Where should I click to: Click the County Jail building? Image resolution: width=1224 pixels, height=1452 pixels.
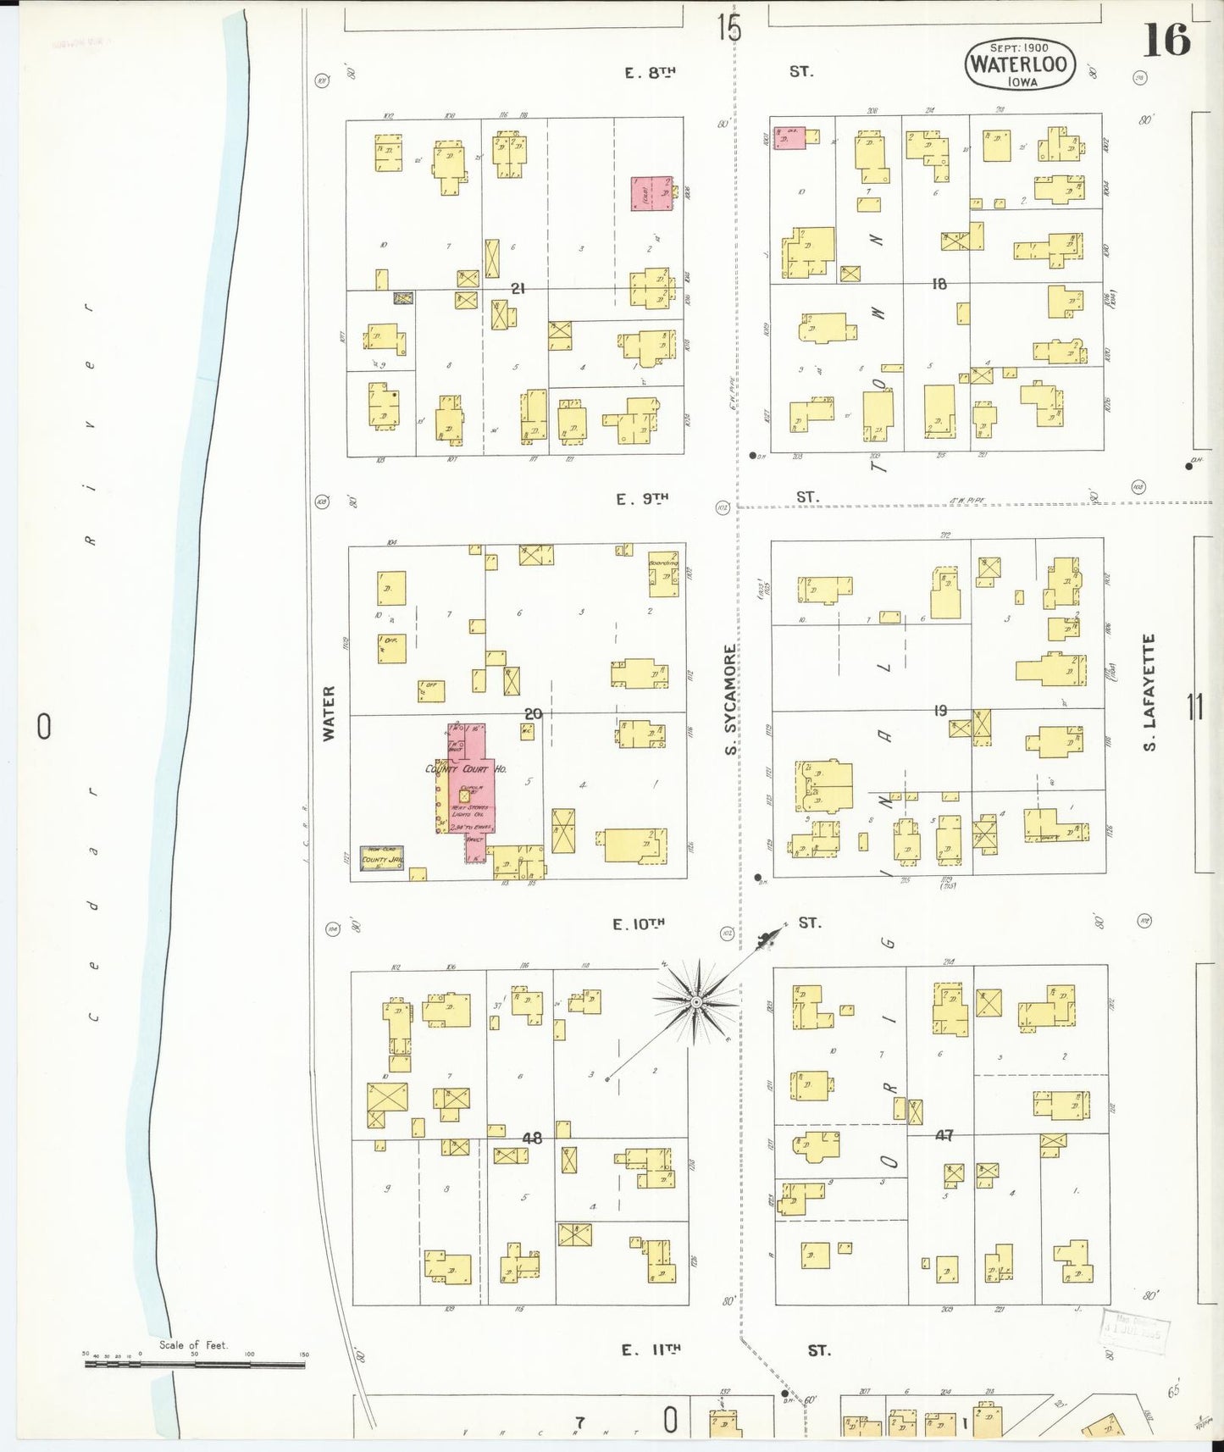click(x=381, y=858)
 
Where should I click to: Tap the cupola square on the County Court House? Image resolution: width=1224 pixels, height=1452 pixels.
click(x=464, y=796)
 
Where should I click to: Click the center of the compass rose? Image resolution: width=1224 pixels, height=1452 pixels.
click(x=695, y=1002)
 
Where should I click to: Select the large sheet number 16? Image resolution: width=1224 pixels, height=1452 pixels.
click(x=1166, y=41)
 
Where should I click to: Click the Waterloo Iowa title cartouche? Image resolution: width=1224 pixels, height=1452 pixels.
click(x=1020, y=64)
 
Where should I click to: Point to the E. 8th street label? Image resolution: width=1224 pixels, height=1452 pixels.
click(x=650, y=73)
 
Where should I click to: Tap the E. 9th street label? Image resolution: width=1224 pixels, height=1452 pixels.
click(x=641, y=499)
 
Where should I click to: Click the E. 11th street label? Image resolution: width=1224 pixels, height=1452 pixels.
click(x=650, y=1350)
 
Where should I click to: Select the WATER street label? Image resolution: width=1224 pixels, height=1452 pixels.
click(x=329, y=713)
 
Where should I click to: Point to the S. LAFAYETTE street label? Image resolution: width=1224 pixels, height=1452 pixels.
click(x=1149, y=693)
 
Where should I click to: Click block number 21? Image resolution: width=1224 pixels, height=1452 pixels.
click(x=518, y=289)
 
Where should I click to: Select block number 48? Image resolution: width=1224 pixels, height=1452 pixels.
click(x=531, y=1138)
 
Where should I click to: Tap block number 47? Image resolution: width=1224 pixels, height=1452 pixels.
click(x=943, y=1135)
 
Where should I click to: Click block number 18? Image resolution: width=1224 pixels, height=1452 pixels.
click(x=939, y=285)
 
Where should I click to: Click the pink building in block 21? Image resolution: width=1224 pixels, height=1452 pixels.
click(x=651, y=194)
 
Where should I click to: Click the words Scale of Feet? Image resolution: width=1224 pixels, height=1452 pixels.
click(x=193, y=1344)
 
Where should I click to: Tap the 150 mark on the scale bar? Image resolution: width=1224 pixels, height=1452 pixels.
click(x=304, y=1355)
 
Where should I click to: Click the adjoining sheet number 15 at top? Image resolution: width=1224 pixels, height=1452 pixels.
click(x=728, y=28)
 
